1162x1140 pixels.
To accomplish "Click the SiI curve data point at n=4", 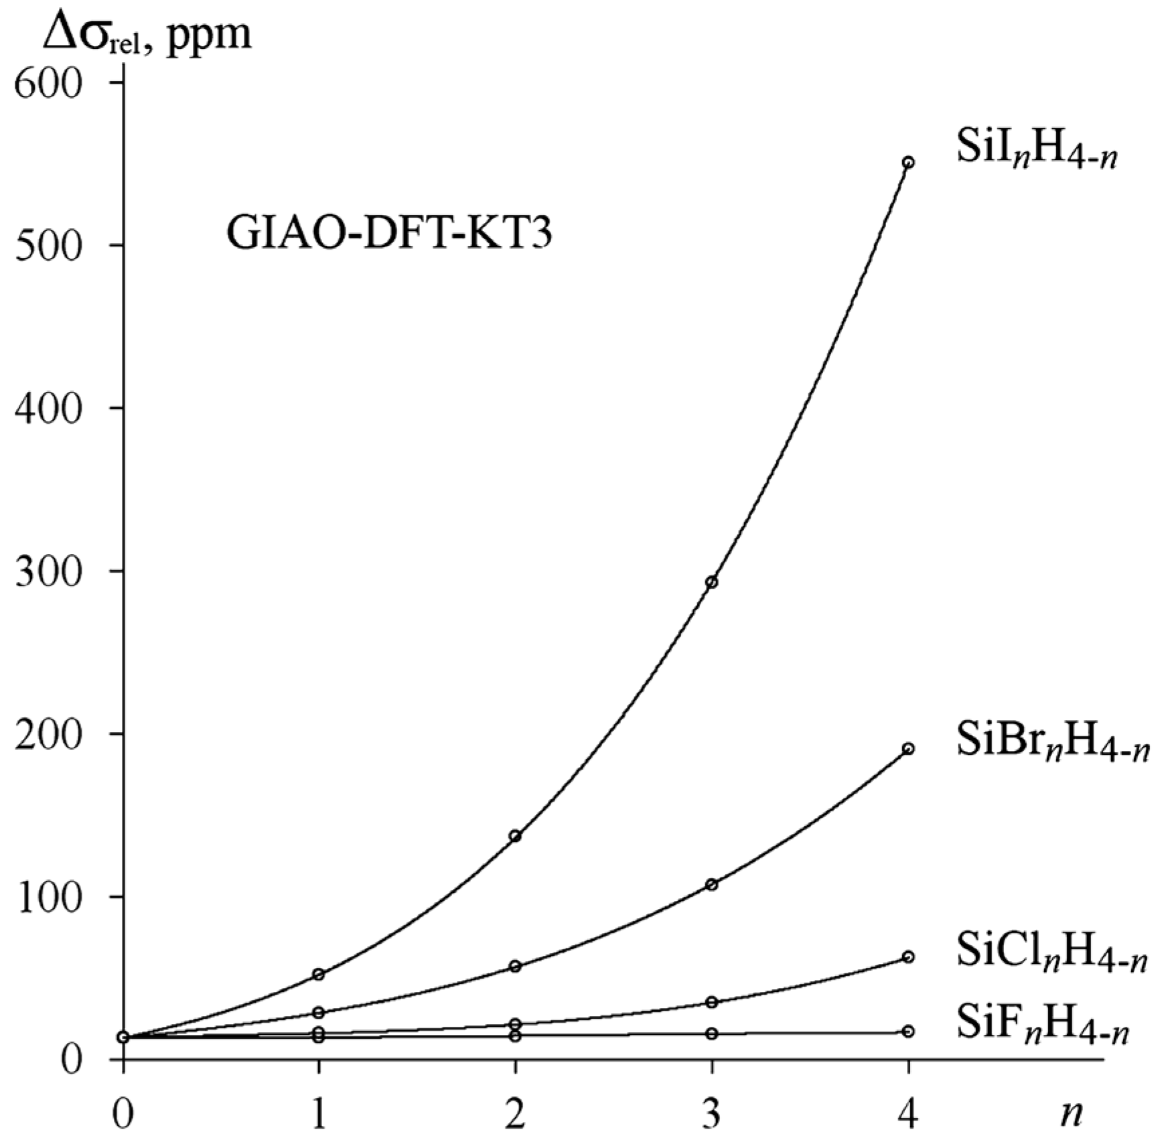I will point(908,163).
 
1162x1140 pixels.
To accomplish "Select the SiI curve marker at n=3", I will point(712,582).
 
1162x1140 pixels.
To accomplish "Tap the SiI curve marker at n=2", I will point(515,835).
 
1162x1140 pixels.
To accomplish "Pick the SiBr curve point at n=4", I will point(908,749).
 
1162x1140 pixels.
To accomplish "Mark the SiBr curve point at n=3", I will point(712,885).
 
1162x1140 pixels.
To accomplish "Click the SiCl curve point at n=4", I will point(908,957).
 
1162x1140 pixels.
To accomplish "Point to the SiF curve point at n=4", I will point(908,1031).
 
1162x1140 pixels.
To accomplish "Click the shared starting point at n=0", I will point(123,1037).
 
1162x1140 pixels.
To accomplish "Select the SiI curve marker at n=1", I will point(319,974).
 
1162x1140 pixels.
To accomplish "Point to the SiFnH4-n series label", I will point(1042,1028).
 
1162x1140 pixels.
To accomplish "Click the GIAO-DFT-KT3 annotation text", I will point(389,234).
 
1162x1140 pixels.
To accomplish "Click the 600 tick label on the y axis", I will point(58,86).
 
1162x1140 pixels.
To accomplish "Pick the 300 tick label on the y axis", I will point(58,574).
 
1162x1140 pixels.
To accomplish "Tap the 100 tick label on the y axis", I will point(58,900).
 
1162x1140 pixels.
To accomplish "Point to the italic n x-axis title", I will point(1070,1113).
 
